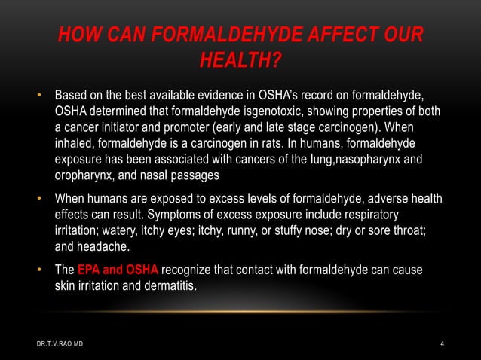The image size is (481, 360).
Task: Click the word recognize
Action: [190, 271]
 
